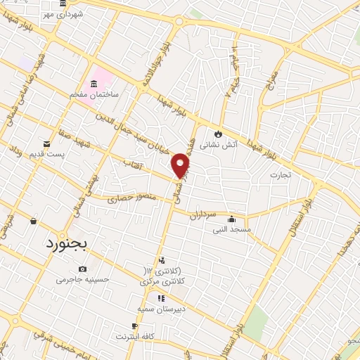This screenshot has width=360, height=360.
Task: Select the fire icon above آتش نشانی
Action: click(x=218, y=134)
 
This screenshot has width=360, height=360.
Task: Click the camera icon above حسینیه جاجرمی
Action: click(x=83, y=269)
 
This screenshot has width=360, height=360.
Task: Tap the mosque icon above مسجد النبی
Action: click(x=231, y=219)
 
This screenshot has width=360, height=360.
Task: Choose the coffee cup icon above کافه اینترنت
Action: click(x=135, y=326)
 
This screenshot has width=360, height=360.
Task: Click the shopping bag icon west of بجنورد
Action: click(x=33, y=221)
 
